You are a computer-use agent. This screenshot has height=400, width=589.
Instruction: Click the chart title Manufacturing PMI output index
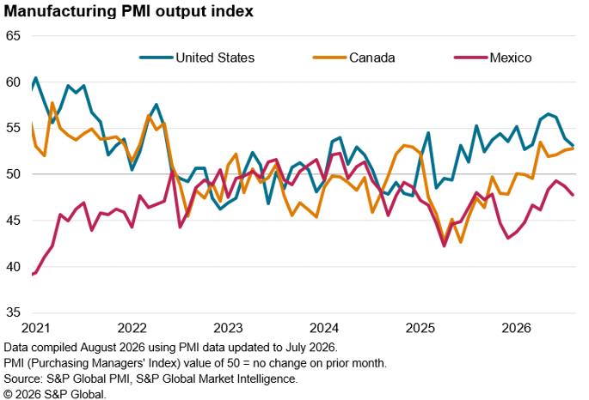click(x=128, y=11)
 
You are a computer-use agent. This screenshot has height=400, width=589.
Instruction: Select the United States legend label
click(x=215, y=58)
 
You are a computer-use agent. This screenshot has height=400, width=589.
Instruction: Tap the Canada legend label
click(x=371, y=58)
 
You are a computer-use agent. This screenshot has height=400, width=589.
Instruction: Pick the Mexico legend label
click(x=511, y=58)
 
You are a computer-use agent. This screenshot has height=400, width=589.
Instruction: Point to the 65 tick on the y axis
click(x=13, y=36)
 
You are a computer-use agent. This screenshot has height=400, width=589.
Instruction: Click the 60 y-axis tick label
click(x=13, y=82)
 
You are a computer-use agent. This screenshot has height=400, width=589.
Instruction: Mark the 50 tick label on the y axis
click(x=13, y=174)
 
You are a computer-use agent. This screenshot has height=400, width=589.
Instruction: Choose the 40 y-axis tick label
click(x=13, y=267)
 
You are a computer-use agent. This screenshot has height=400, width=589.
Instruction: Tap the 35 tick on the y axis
click(x=13, y=312)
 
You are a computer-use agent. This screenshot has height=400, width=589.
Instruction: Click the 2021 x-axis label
click(x=36, y=328)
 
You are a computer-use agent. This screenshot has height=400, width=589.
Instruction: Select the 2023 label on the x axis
click(x=228, y=328)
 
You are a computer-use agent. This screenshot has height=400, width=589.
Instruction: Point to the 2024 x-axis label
click(x=324, y=328)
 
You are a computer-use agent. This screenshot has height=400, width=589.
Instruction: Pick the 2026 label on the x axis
click(x=517, y=328)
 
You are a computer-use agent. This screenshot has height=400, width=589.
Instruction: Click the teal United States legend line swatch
click(x=156, y=58)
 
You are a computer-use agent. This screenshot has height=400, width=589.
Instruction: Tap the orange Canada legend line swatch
click(x=329, y=58)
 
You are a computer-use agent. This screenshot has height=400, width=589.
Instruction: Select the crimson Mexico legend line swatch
click(x=470, y=58)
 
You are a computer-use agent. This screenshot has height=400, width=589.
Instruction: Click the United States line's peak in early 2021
click(x=36, y=78)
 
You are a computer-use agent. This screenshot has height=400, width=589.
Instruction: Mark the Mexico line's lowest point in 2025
click(x=444, y=246)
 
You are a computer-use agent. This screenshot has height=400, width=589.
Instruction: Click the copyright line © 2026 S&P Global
click(x=55, y=394)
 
